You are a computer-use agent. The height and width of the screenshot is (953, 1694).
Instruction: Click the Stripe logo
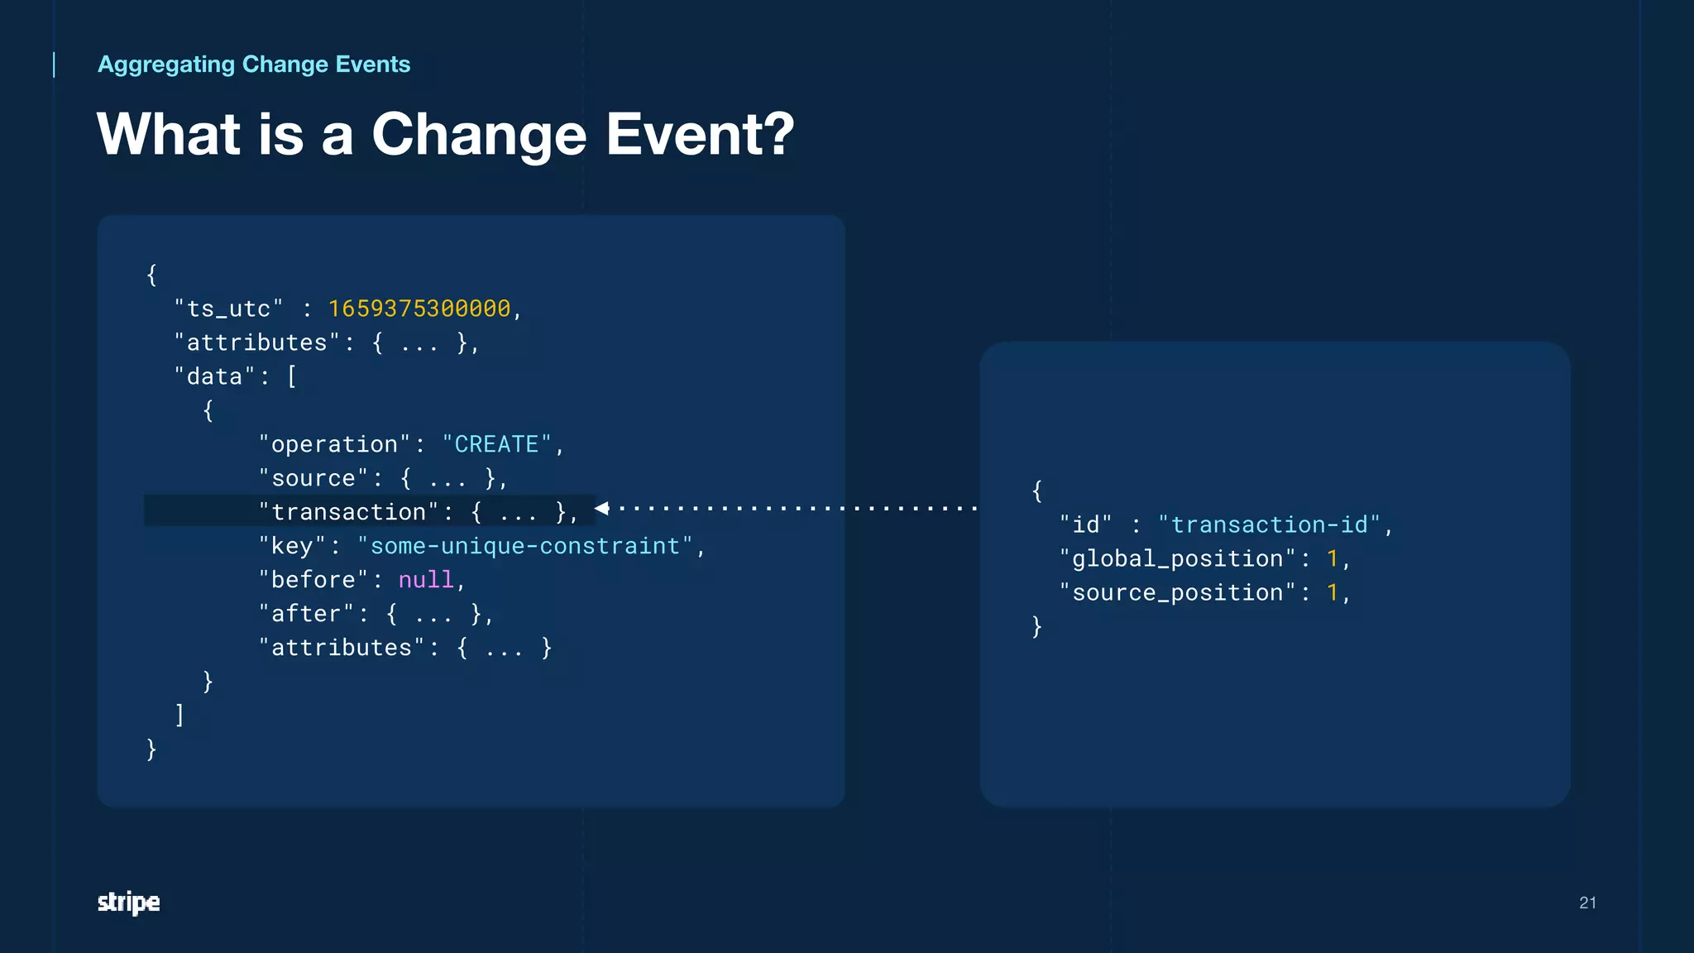click(x=128, y=902)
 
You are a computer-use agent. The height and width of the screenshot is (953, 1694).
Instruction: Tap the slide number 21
click(x=1587, y=903)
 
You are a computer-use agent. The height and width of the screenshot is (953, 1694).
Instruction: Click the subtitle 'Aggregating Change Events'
click(x=254, y=65)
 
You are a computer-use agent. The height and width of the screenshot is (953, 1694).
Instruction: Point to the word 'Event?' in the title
click(x=700, y=134)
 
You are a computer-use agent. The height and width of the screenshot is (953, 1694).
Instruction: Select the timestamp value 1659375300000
click(x=419, y=309)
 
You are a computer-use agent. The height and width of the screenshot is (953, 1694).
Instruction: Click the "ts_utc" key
click(x=228, y=309)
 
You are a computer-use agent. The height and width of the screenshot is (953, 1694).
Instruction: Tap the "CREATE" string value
click(x=496, y=444)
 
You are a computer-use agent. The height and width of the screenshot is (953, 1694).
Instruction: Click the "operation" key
click(x=334, y=444)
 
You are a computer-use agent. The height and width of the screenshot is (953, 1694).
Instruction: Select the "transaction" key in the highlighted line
click(x=348, y=512)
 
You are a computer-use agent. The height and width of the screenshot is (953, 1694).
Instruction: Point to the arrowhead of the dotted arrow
click(x=602, y=508)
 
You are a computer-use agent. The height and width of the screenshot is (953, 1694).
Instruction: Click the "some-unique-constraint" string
click(x=525, y=546)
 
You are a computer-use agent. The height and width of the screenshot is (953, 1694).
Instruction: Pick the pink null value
click(x=426, y=580)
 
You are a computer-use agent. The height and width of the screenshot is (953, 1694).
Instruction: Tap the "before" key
click(x=313, y=580)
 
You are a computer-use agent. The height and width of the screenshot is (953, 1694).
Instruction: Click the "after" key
click(x=306, y=614)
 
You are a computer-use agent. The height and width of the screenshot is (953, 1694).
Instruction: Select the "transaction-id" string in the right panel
click(x=1269, y=524)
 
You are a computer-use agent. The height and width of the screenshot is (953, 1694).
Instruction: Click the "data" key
click(x=214, y=376)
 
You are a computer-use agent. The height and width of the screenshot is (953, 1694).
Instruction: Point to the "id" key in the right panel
click(x=1085, y=524)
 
